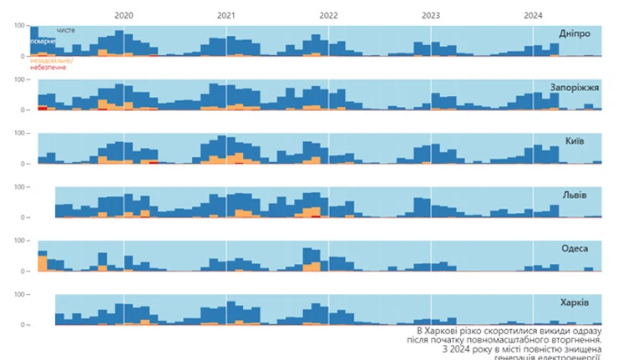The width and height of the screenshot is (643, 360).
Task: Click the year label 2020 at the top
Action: click(123, 15)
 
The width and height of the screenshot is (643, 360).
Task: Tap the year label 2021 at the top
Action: click(225, 15)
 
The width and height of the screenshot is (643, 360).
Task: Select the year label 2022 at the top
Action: click(328, 15)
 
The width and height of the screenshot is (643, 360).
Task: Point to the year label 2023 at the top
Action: click(431, 15)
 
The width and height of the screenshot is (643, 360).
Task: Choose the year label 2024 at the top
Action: click(533, 15)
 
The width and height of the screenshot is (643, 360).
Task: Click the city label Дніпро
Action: click(575, 33)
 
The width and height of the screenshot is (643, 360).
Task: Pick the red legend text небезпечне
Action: click(48, 68)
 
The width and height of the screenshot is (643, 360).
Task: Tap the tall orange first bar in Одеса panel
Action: click(43, 263)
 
